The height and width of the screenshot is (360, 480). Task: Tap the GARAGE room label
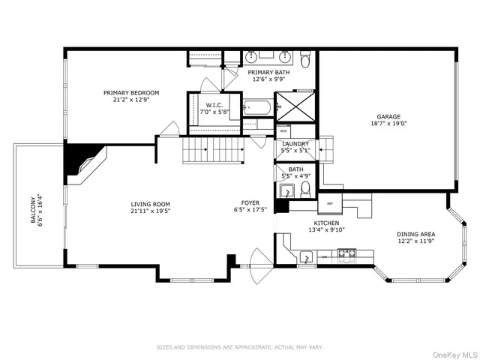click(388, 116)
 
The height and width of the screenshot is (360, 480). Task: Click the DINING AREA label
click(416, 234)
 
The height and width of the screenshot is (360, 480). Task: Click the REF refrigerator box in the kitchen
click(329, 204)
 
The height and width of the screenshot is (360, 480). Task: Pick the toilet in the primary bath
click(304, 58)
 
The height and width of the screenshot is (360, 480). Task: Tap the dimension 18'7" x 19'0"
click(388, 124)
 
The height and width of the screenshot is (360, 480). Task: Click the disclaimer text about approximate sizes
click(239, 347)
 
